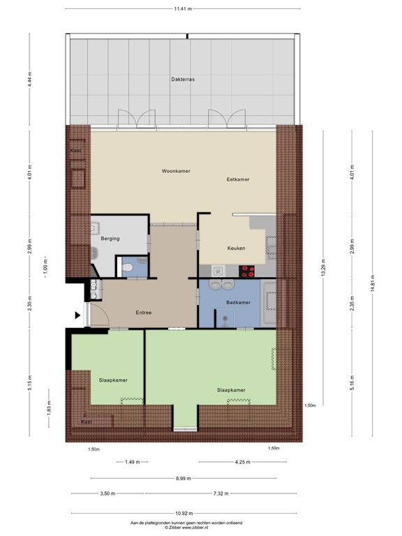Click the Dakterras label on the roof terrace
tap(182, 80)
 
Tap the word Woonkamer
tap(176, 171)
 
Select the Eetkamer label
tap(238, 179)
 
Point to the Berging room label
tap(110, 239)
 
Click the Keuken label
tap(236, 248)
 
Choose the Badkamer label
tap(238, 302)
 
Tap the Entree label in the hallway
tap(144, 313)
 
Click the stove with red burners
tap(248, 271)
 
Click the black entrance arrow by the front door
tap(78, 315)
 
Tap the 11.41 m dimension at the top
tap(184, 9)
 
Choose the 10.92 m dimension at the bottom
tap(184, 509)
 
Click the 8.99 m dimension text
tap(184, 478)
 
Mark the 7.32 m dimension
tap(222, 493)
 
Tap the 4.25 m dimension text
tap(242, 462)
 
